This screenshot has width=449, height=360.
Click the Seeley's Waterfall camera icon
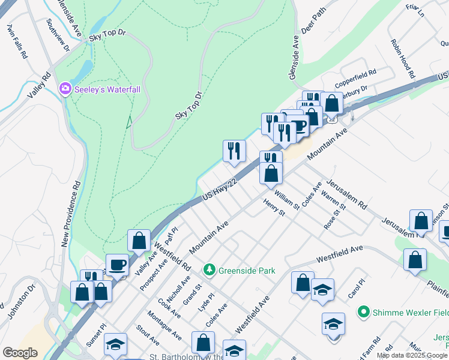65,89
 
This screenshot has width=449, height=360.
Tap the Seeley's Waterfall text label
107,89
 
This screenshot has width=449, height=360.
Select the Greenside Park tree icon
209,271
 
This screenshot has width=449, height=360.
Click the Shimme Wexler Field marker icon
363,312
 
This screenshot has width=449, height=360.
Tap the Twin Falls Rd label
17,41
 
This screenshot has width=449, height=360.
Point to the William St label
286,200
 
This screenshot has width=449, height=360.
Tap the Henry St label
273,209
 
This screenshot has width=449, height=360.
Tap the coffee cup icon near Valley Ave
117,265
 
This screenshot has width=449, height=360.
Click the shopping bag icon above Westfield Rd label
139,240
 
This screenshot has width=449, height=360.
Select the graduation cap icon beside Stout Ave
115,344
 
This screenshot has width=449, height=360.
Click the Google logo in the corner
20,352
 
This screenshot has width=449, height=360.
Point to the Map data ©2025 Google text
412,355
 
